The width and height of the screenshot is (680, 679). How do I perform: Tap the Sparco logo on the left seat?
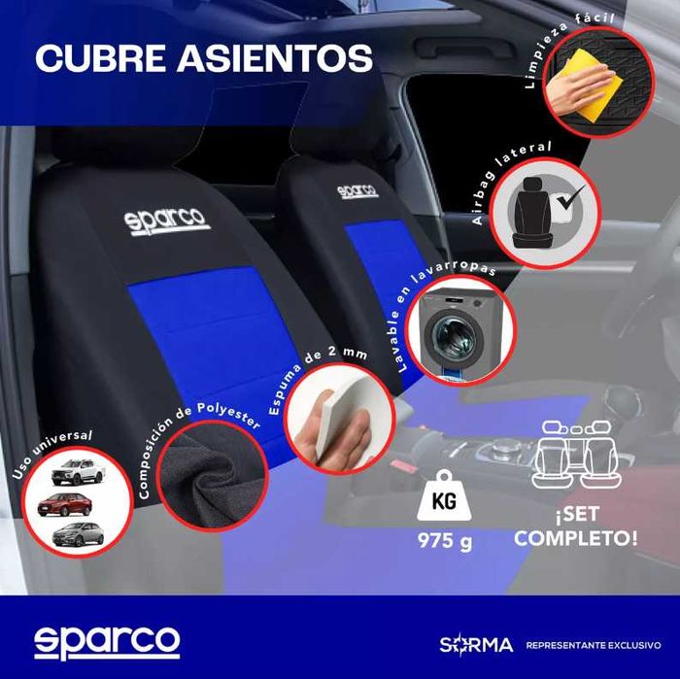[x=167, y=219]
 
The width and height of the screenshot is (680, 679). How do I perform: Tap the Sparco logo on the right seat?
[x=357, y=189]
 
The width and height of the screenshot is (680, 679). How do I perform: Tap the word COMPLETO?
[x=575, y=537]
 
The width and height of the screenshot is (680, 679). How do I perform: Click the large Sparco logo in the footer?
[x=107, y=641]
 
